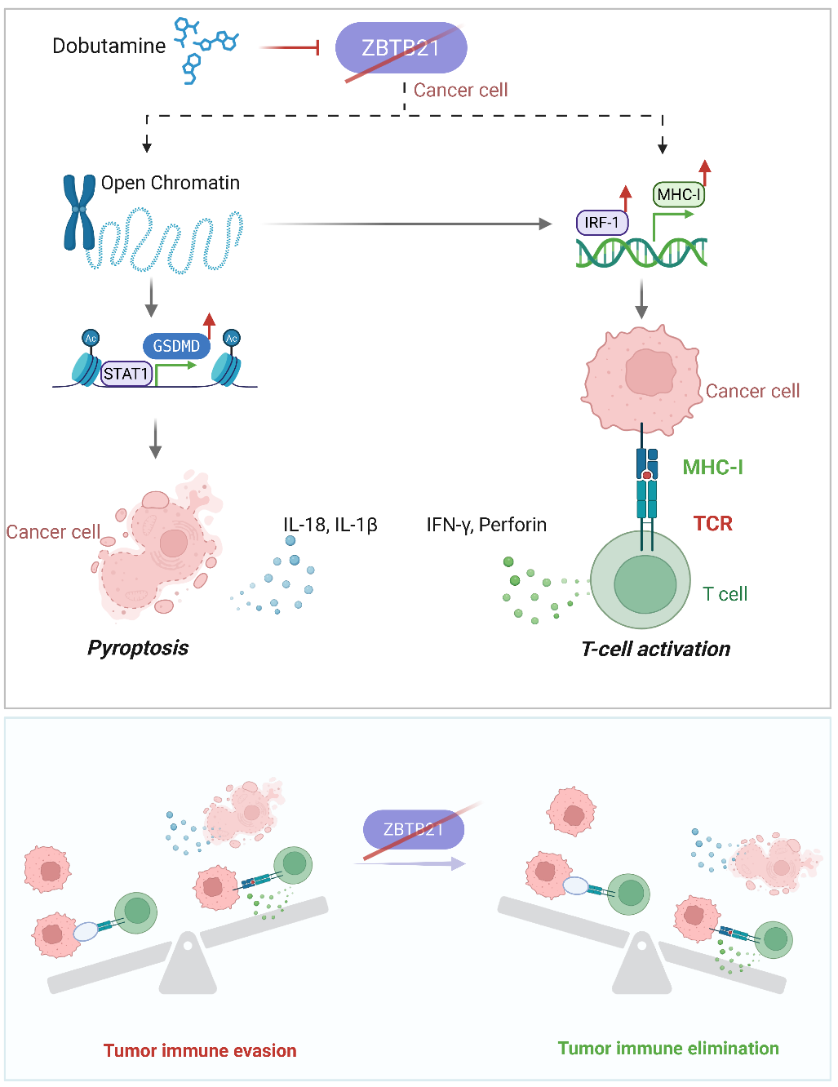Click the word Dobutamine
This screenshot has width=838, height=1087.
tap(109, 46)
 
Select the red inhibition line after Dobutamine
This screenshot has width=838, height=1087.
tap(290, 48)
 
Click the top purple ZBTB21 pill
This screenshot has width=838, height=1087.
tap(401, 47)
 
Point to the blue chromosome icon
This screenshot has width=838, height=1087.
tap(79, 211)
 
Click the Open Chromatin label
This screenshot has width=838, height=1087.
tap(170, 183)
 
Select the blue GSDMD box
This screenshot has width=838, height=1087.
tap(176, 346)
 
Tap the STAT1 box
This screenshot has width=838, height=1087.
tap(126, 374)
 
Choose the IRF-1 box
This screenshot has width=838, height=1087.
tap(601, 222)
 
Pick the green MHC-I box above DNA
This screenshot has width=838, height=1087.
tap(678, 194)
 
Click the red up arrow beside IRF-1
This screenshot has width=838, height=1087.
tap(626, 197)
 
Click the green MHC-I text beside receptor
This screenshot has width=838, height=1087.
tap(712, 467)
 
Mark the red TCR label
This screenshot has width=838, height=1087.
tap(712, 523)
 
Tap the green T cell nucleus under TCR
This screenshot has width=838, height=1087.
tap(645, 584)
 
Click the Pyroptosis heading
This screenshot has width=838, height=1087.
tap(138, 648)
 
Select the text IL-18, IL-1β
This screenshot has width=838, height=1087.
tap(330, 524)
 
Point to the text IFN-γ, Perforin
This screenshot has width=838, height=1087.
tap(486, 524)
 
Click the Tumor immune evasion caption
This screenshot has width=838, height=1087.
tap(200, 1050)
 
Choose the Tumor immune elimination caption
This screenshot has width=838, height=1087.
tap(668, 1048)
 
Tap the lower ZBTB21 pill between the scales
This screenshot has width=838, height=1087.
tap(413, 829)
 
